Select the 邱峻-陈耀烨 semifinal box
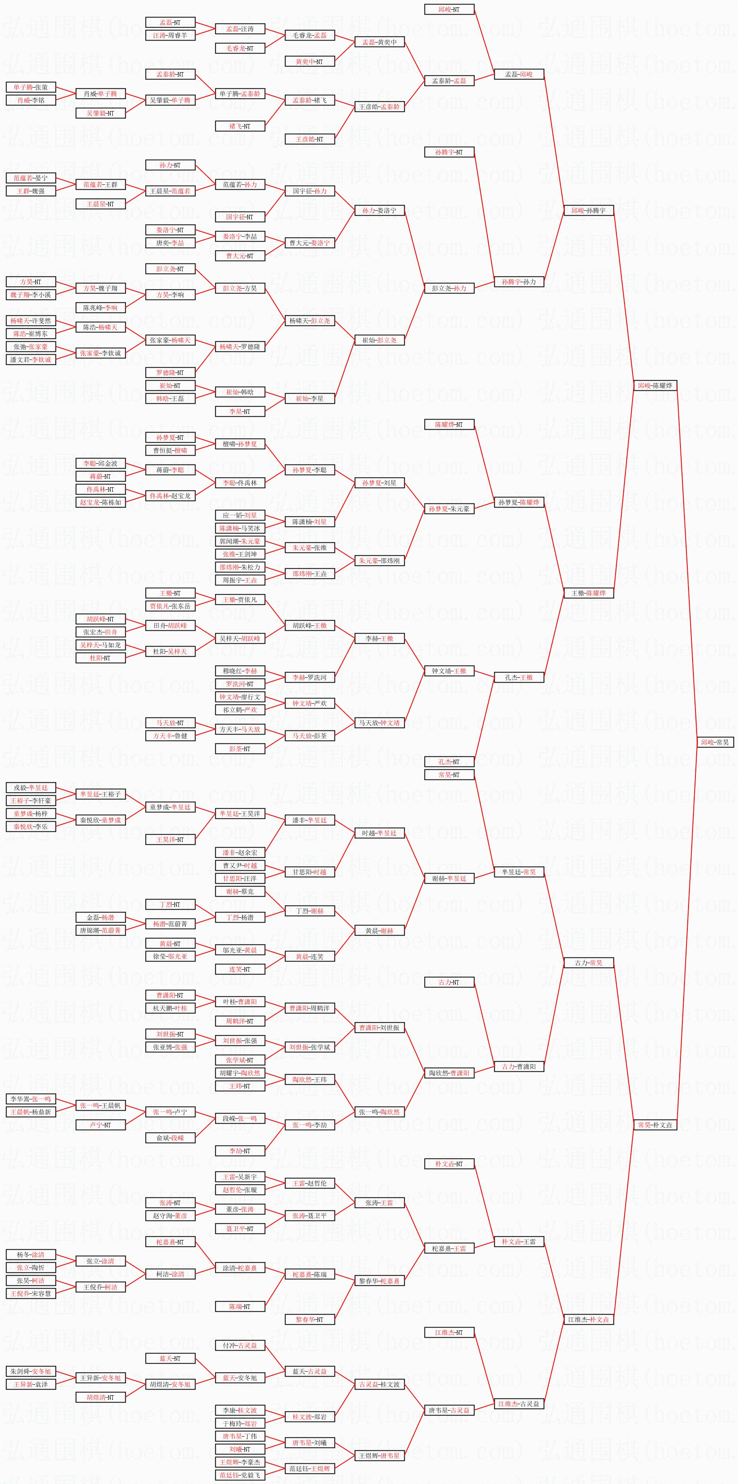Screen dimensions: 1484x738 click(654, 385)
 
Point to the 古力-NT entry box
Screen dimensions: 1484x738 click(449, 982)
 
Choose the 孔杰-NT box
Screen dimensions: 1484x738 click(449, 762)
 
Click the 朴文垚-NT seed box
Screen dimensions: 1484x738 click(449, 1164)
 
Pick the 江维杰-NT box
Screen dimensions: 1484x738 click(449, 1332)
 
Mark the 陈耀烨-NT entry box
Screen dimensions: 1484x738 click(449, 424)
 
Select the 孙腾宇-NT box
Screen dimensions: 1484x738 click(449, 152)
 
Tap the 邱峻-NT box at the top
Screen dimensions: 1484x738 click(449, 9)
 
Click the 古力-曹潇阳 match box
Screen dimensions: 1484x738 click(519, 1066)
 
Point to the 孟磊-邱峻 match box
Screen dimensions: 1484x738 click(519, 74)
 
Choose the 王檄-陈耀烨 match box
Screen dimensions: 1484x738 click(588, 593)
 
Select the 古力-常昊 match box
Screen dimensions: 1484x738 click(588, 963)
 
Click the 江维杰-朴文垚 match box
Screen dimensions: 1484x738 click(588, 1319)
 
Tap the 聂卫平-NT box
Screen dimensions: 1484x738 click(240, 1229)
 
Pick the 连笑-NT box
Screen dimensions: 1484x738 click(240, 969)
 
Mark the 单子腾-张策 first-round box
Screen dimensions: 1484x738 click(30, 87)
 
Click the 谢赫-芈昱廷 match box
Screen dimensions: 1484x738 click(449, 878)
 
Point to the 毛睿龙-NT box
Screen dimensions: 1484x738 click(240, 48)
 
